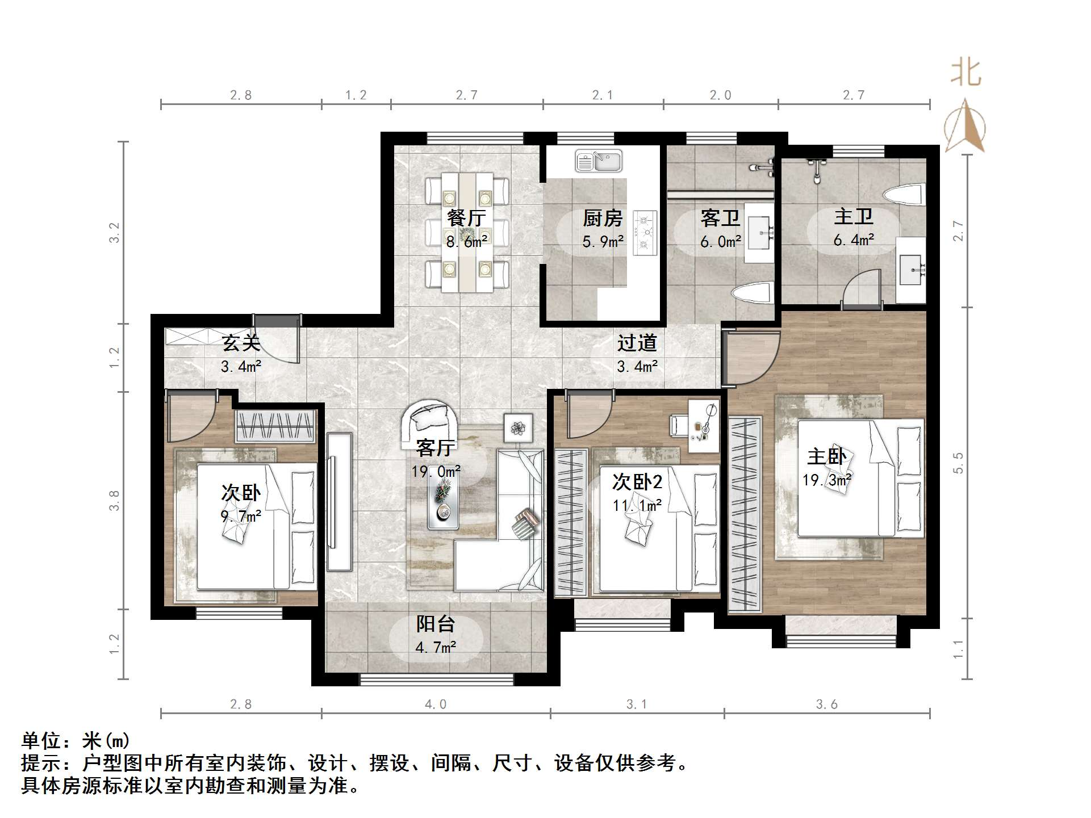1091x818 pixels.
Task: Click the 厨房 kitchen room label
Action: click(603, 218)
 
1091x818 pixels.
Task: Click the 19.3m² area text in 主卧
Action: click(826, 480)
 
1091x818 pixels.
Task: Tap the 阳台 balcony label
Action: click(436, 624)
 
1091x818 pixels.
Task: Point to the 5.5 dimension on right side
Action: click(959, 462)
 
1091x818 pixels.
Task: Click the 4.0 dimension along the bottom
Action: click(436, 704)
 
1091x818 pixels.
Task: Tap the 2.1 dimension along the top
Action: click(603, 95)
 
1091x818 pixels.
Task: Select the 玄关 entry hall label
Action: click(241, 343)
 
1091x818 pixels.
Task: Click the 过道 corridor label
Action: click(637, 343)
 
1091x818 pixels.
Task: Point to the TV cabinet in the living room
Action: click(339, 501)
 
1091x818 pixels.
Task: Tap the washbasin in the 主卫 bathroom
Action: click(911, 270)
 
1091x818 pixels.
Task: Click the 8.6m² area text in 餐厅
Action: click(467, 242)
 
